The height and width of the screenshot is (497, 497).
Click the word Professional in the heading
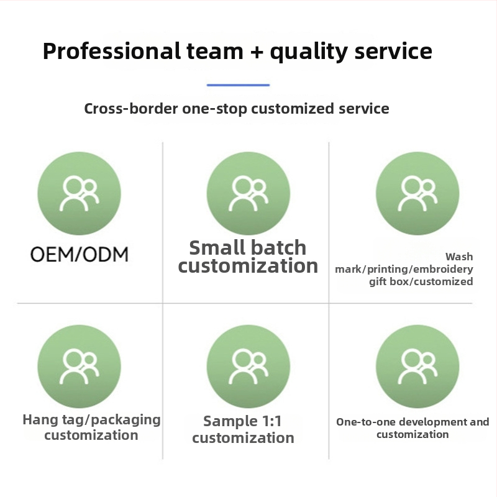coord(112,51)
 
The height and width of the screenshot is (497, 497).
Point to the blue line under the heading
coord(238,85)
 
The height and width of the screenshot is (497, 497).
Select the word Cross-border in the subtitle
coord(131,108)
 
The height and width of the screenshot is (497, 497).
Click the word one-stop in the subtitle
coord(214,109)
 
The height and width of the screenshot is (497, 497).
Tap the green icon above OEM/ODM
coord(80,193)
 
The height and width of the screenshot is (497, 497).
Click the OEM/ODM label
coord(80,254)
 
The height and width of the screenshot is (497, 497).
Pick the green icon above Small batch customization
coord(248,193)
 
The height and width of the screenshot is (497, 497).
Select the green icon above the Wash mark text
coord(417,193)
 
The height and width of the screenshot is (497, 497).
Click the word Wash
coord(459,257)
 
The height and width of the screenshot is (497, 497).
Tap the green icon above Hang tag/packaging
coord(80,367)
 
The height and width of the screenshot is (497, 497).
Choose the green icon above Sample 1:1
coord(248,367)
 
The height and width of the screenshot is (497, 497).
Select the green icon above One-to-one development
coord(417,367)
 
